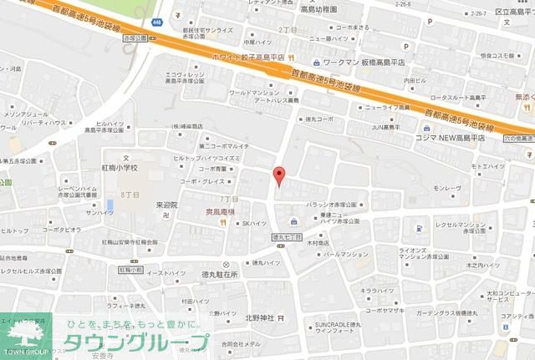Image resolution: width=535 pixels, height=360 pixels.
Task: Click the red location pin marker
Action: (279, 175)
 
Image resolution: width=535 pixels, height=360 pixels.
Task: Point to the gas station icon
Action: (417, 227)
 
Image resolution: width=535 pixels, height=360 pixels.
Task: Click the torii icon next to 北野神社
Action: (281, 317)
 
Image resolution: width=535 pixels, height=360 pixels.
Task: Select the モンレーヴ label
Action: (447, 189)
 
